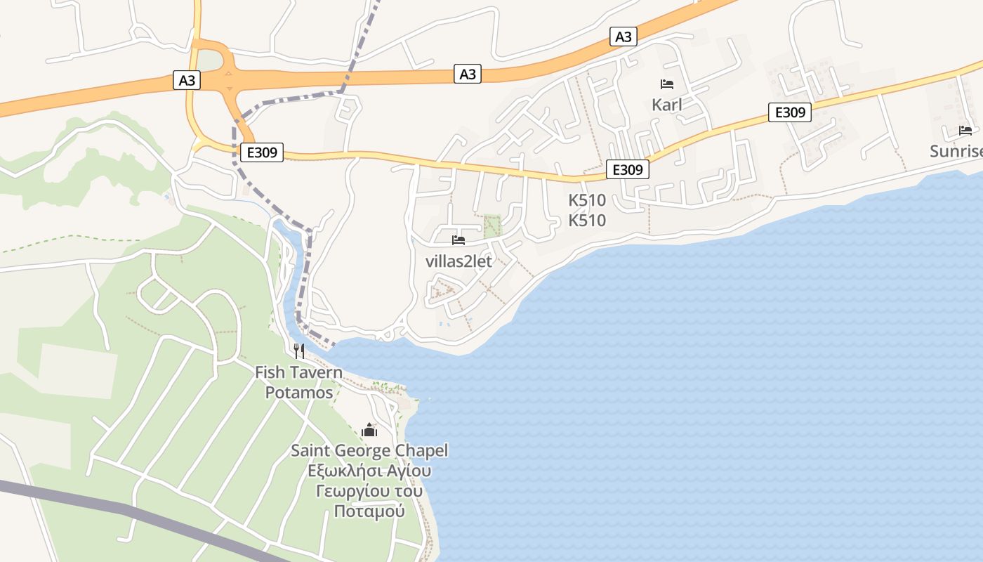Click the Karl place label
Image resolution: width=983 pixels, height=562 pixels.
(666, 105)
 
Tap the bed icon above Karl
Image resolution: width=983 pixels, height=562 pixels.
(666, 84)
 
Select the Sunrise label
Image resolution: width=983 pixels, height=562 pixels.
(956, 151)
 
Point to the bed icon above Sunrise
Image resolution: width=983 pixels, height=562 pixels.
(965, 131)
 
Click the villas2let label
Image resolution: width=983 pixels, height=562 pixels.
(458, 261)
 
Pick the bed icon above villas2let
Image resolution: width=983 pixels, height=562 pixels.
(458, 240)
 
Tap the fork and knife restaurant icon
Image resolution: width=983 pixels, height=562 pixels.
(299, 351)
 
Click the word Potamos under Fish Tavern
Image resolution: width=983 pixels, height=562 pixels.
(299, 393)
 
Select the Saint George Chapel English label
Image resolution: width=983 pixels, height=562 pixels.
(369, 450)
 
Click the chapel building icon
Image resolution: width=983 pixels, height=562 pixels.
(369, 430)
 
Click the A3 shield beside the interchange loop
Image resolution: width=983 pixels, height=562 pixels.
(187, 80)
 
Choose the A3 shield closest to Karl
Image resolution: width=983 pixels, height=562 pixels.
(623, 37)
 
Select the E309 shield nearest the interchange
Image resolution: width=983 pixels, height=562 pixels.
(261, 152)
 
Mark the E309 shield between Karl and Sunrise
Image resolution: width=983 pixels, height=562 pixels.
(789, 112)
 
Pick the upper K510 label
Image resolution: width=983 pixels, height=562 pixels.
(587, 200)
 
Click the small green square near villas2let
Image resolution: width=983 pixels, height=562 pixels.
(493, 226)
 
